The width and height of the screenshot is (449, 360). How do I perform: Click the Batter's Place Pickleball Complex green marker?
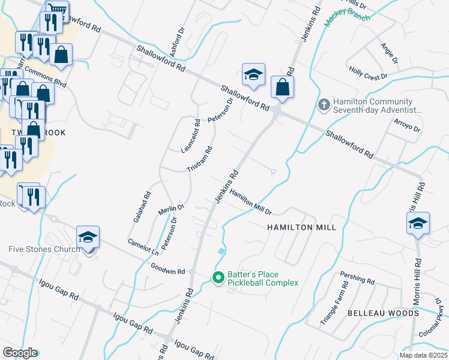tap(218, 277)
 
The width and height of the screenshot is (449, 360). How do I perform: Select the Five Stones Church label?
tap(44, 250)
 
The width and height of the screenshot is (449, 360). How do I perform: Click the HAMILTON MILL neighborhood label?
tap(301, 227)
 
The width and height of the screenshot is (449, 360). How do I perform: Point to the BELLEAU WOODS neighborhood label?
tap(383, 313)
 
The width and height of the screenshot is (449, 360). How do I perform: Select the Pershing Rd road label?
tap(357, 279)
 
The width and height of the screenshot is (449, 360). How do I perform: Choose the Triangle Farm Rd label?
tap(334, 306)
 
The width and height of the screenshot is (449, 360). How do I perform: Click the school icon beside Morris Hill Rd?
tap(418, 223)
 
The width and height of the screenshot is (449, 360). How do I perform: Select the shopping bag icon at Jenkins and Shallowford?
tap(282, 88)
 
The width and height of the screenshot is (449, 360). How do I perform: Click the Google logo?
tap(20, 353)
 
